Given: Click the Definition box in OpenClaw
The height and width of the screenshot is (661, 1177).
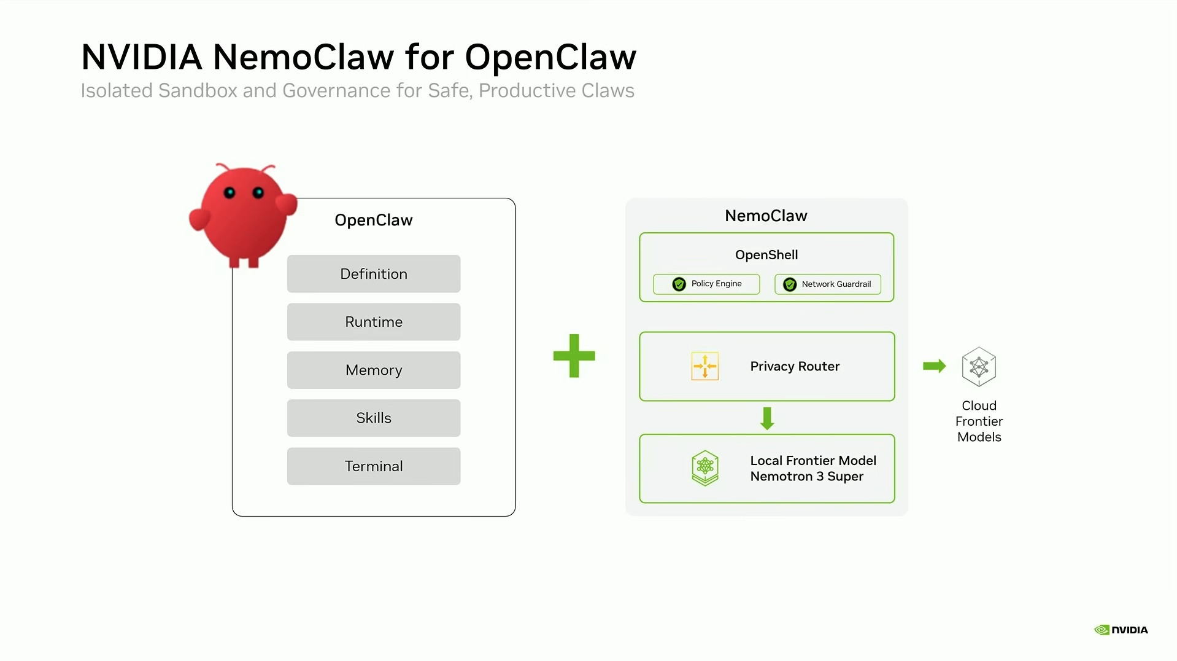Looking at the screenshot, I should (373, 274).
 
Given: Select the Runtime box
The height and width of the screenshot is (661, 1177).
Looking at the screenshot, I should (373, 322).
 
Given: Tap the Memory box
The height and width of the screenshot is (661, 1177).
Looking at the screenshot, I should (373, 370).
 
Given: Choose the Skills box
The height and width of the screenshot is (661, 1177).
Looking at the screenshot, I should (373, 418).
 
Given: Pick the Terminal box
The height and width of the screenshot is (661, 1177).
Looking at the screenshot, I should (373, 466).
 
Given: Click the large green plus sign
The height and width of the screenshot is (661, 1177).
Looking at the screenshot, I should (574, 356).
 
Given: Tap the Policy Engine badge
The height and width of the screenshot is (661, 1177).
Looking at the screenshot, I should (706, 284).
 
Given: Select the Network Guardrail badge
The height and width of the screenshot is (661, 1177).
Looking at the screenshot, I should (827, 284).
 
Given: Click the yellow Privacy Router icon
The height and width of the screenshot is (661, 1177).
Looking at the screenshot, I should (704, 367).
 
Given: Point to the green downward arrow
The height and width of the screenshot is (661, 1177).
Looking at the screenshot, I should (766, 418).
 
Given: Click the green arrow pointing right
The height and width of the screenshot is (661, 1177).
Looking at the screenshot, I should (934, 366).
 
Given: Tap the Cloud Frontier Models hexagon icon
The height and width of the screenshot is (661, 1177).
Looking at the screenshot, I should (979, 367).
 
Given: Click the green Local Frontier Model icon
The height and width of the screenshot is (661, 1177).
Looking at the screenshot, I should (704, 468).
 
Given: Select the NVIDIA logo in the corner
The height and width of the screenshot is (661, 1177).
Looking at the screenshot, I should (1121, 630).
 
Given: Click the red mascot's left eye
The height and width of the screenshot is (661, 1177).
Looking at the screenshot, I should (230, 193).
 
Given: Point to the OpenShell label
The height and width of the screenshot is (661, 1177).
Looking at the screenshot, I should (766, 255).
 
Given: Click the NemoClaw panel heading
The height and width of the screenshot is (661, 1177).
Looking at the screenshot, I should (766, 216).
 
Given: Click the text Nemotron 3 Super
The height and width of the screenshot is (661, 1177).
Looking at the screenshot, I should (806, 477).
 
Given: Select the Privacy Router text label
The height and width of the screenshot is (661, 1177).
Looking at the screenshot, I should (795, 367).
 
